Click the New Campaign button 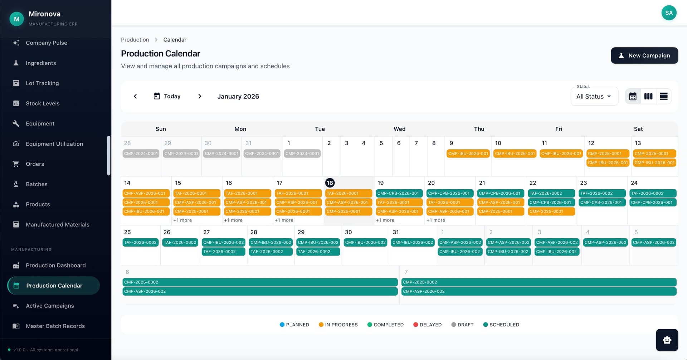tap(644, 55)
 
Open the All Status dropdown tap(594, 97)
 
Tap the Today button tap(167, 96)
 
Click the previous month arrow tap(135, 96)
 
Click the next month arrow tap(200, 96)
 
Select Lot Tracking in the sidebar tap(42, 83)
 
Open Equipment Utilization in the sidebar tap(54, 144)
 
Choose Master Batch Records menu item tap(55, 326)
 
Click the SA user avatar tap(668, 13)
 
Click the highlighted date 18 tap(330, 183)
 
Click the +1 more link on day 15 tap(182, 220)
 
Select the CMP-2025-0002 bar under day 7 tap(539, 282)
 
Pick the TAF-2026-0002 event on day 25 tap(140, 242)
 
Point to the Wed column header tap(399, 129)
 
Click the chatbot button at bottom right tap(667, 340)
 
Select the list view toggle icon tap(663, 96)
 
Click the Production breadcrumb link tap(135, 40)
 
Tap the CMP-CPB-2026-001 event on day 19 tap(398, 193)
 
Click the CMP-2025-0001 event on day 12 tap(608, 154)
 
